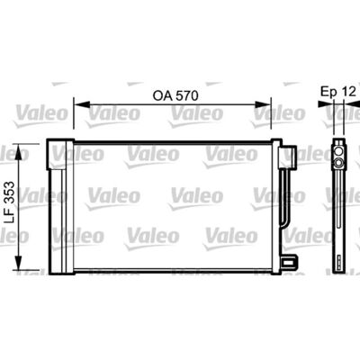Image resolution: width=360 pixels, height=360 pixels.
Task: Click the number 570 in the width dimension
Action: pyautogui.click(x=187, y=96)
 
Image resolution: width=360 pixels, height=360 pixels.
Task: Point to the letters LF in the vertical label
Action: pyautogui.click(x=11, y=215)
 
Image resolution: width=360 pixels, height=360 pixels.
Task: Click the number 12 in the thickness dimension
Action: pyautogui.click(x=348, y=92)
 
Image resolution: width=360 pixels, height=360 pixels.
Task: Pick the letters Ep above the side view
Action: pyautogui.click(x=328, y=92)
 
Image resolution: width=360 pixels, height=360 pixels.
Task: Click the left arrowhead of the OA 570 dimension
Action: pyautogui.click(x=82, y=104)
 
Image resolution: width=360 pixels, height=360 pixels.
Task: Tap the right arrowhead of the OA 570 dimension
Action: pyautogui.click(x=263, y=104)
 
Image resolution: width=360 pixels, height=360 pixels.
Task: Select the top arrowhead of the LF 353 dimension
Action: pyautogui.click(x=19, y=152)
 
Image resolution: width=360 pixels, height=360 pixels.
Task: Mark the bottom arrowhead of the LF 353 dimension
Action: pyautogui.click(x=19, y=262)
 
